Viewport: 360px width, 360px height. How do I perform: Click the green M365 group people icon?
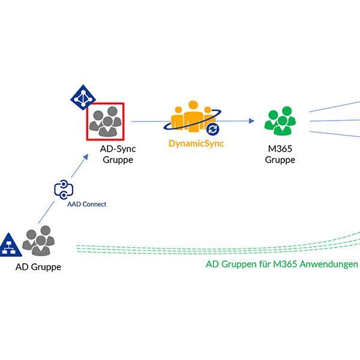[280, 122]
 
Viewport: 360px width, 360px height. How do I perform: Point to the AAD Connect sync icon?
[64, 189]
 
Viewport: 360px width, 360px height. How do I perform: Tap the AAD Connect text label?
[86, 205]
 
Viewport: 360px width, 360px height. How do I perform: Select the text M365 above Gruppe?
[280, 149]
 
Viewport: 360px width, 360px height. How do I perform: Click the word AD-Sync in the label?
[117, 149]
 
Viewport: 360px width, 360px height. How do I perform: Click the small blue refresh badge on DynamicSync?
[212, 130]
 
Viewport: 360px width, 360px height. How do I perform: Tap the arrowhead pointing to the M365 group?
[251, 121]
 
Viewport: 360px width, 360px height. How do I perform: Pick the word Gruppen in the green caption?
[240, 264]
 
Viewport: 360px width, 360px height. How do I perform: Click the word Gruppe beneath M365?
[280, 160]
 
